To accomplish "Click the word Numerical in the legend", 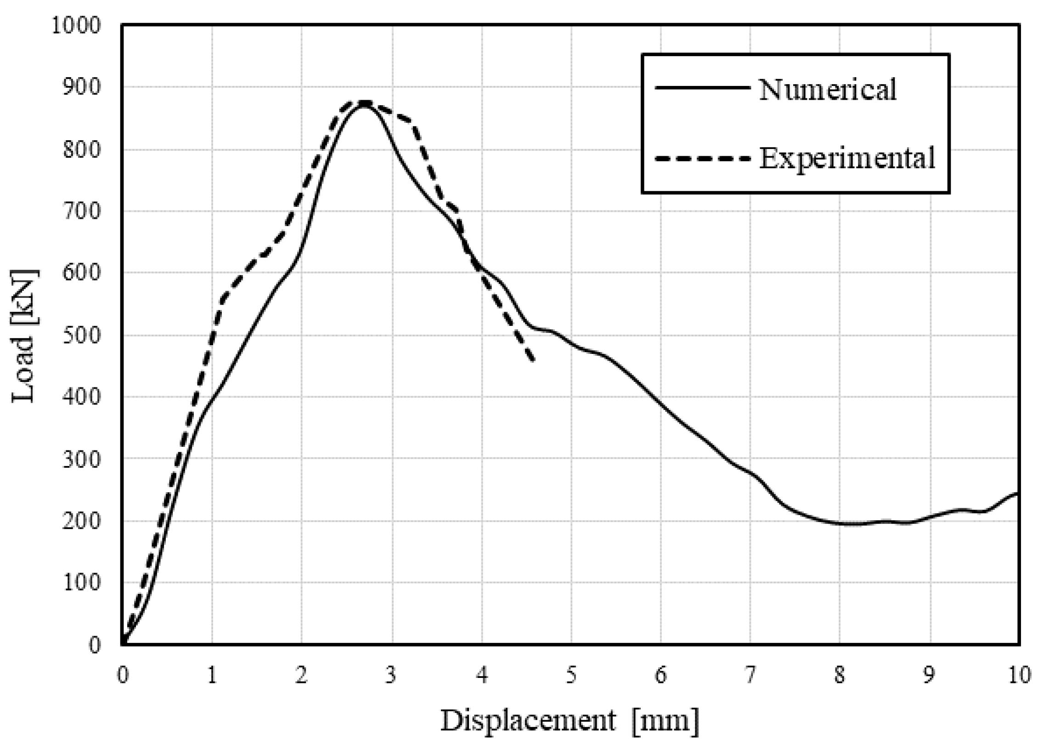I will [827, 89].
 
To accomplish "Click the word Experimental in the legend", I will [846, 158].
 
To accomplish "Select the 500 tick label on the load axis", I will [82, 335].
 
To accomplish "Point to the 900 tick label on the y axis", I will [82, 88].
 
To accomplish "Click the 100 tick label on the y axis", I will [82, 583].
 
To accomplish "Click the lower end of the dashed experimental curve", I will [533, 361].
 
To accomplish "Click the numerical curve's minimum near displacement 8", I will [850, 523].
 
